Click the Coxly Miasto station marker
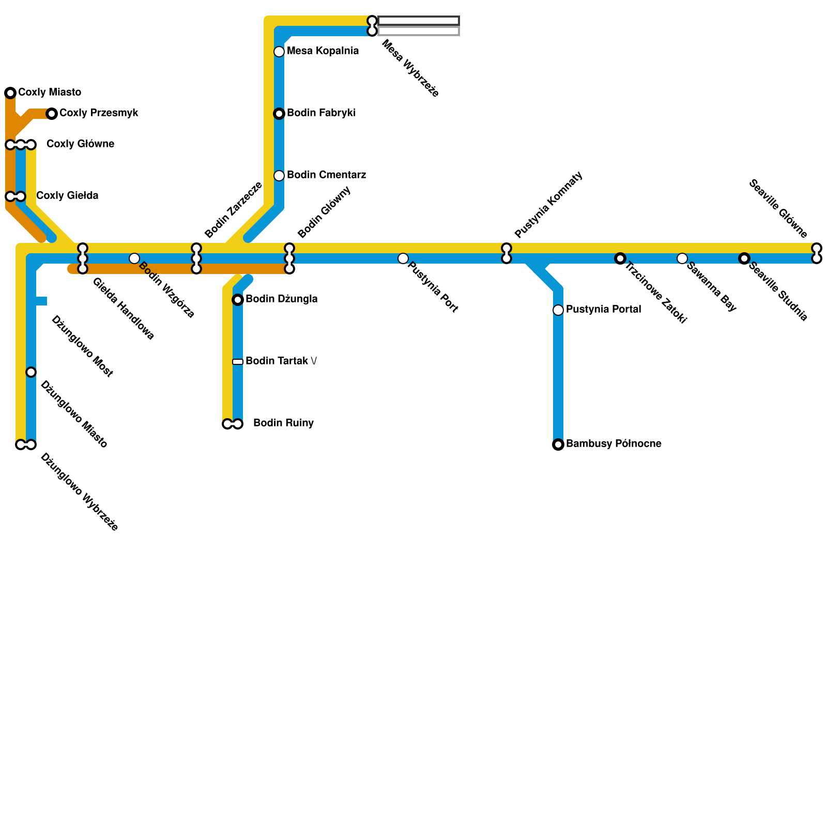pos(10,93)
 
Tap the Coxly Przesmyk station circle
pos(52,114)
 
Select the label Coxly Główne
pos(80,144)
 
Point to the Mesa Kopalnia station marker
pos(279,52)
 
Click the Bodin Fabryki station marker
pos(279,114)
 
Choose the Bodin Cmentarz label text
pos(326,175)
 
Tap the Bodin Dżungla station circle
pos(238,300)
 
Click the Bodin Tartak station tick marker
pos(238,362)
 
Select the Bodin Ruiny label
pos(283,423)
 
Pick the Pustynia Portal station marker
pos(558,310)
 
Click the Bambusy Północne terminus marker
pos(558,445)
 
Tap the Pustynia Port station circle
pos(403,258)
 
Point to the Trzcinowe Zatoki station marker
pos(620,258)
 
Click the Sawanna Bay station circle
pos(682,258)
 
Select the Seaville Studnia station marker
pos(744,258)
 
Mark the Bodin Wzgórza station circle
pos(134,258)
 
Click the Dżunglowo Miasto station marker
pos(31,372)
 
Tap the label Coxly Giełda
pos(67,196)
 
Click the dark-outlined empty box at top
pos(419,21)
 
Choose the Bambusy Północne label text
pos(614,444)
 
